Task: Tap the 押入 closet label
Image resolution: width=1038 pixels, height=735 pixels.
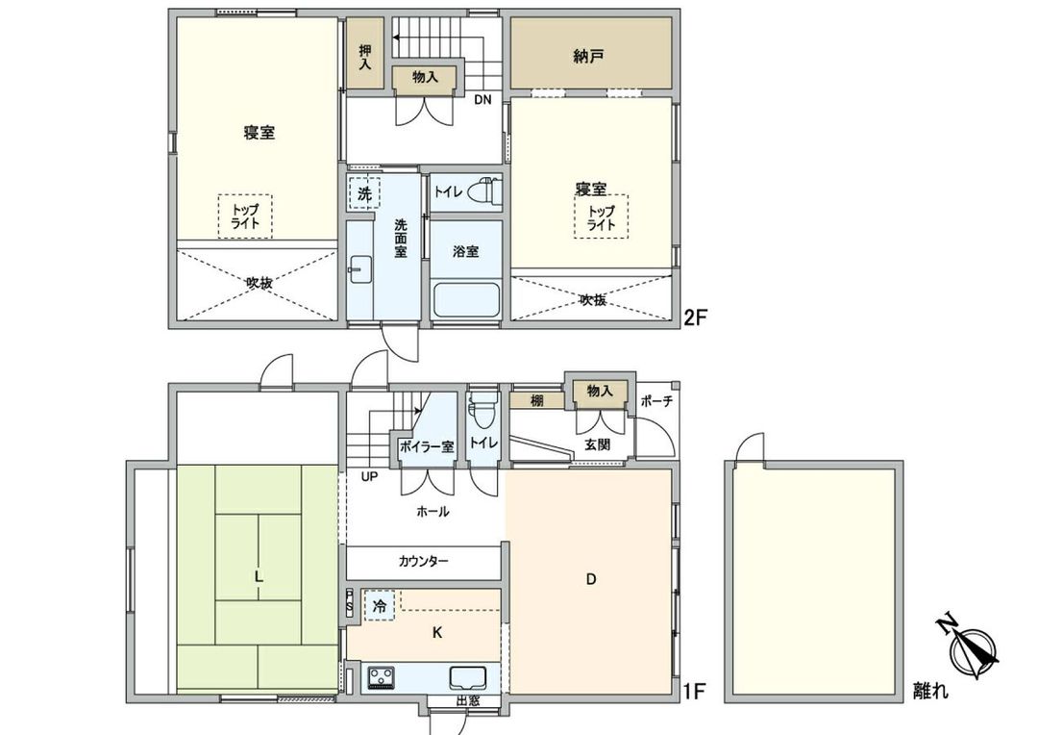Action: point(365,57)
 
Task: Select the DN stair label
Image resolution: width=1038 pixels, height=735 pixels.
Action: point(482,99)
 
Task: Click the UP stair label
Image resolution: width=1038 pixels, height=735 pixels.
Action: point(369,476)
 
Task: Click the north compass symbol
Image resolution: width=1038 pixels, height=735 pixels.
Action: point(974,650)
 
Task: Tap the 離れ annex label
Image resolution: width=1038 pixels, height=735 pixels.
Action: point(929,690)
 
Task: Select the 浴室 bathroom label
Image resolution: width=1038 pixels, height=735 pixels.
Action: point(466,251)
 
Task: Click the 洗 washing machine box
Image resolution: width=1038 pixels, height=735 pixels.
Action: point(364,193)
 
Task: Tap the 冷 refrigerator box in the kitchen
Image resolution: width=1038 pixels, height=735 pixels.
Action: point(381,607)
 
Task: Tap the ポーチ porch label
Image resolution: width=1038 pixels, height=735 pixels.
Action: point(656,401)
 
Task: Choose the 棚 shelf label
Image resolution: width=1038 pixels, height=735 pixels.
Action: point(536,400)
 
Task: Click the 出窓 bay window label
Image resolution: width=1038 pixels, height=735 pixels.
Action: point(468,701)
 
